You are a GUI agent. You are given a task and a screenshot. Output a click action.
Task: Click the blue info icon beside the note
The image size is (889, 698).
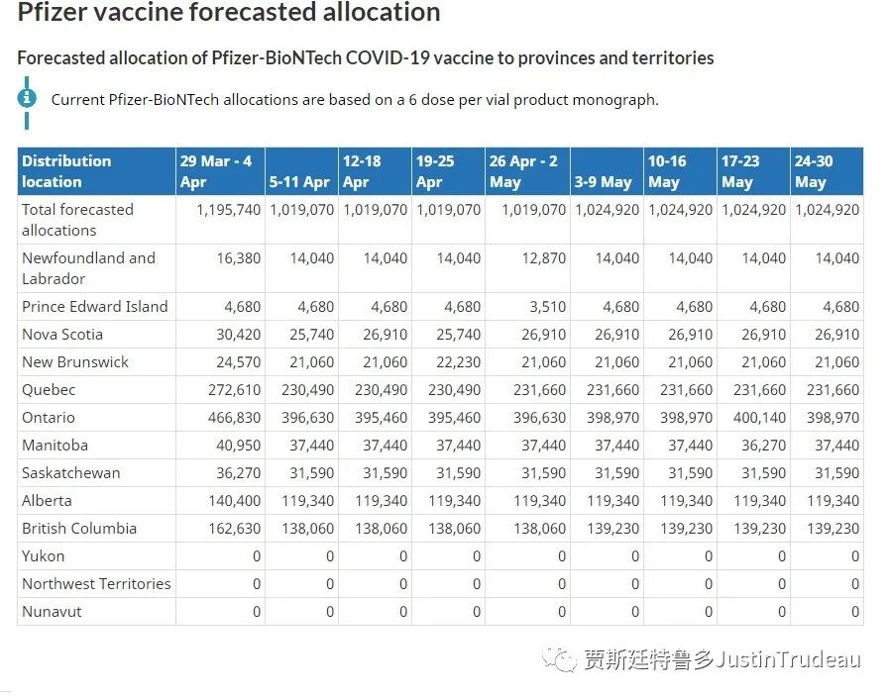tap(27, 97)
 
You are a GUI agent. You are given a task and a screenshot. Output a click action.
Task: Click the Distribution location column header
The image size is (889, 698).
tap(66, 171)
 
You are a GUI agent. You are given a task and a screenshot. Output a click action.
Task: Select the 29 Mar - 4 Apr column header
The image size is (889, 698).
tap(216, 171)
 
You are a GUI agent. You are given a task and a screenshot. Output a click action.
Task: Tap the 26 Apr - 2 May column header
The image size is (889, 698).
tap(523, 171)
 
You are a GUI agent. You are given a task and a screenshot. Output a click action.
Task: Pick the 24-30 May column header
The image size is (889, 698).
tap(813, 171)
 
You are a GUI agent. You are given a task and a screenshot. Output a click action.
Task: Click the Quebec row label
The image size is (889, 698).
tap(49, 390)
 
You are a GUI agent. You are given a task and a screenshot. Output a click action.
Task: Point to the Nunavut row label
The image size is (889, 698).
tap(52, 612)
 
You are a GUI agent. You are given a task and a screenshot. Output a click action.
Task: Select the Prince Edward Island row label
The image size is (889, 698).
tap(95, 307)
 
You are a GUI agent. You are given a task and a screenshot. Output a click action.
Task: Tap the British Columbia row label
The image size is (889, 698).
tap(79, 529)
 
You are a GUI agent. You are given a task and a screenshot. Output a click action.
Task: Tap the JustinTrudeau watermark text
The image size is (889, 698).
tap(787, 659)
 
